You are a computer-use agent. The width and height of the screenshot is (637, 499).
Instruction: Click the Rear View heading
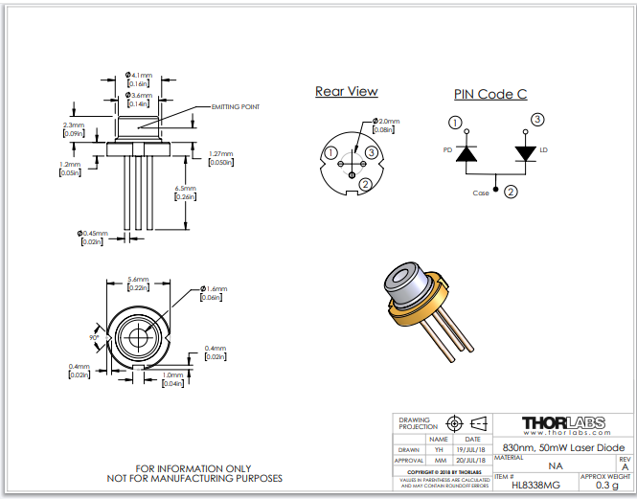coord(346,92)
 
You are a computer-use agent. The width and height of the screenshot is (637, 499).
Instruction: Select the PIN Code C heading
coord(490,94)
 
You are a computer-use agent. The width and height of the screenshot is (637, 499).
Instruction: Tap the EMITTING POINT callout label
coord(235,106)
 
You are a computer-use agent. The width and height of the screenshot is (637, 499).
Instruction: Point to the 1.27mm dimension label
coord(221,153)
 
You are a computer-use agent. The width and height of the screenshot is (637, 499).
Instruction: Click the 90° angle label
coord(96,337)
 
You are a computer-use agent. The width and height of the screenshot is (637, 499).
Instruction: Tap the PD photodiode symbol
coord(466,154)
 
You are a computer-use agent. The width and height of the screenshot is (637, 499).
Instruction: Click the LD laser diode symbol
coord(525,153)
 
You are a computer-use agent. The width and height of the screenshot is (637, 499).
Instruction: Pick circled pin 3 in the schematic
coord(537,120)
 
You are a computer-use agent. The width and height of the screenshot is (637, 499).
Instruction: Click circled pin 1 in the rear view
coord(330,153)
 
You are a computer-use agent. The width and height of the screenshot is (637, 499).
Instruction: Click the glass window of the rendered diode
coord(401,277)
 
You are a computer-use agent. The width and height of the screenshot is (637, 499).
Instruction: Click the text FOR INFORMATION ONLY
coord(194,467)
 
